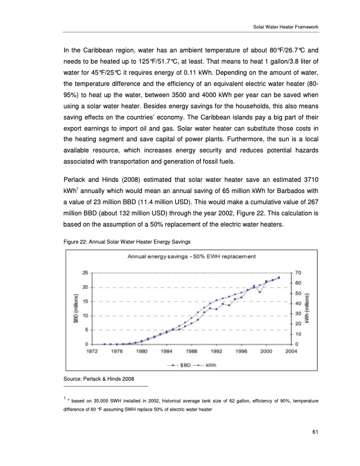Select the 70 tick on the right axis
298,273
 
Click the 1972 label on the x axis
92,352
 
